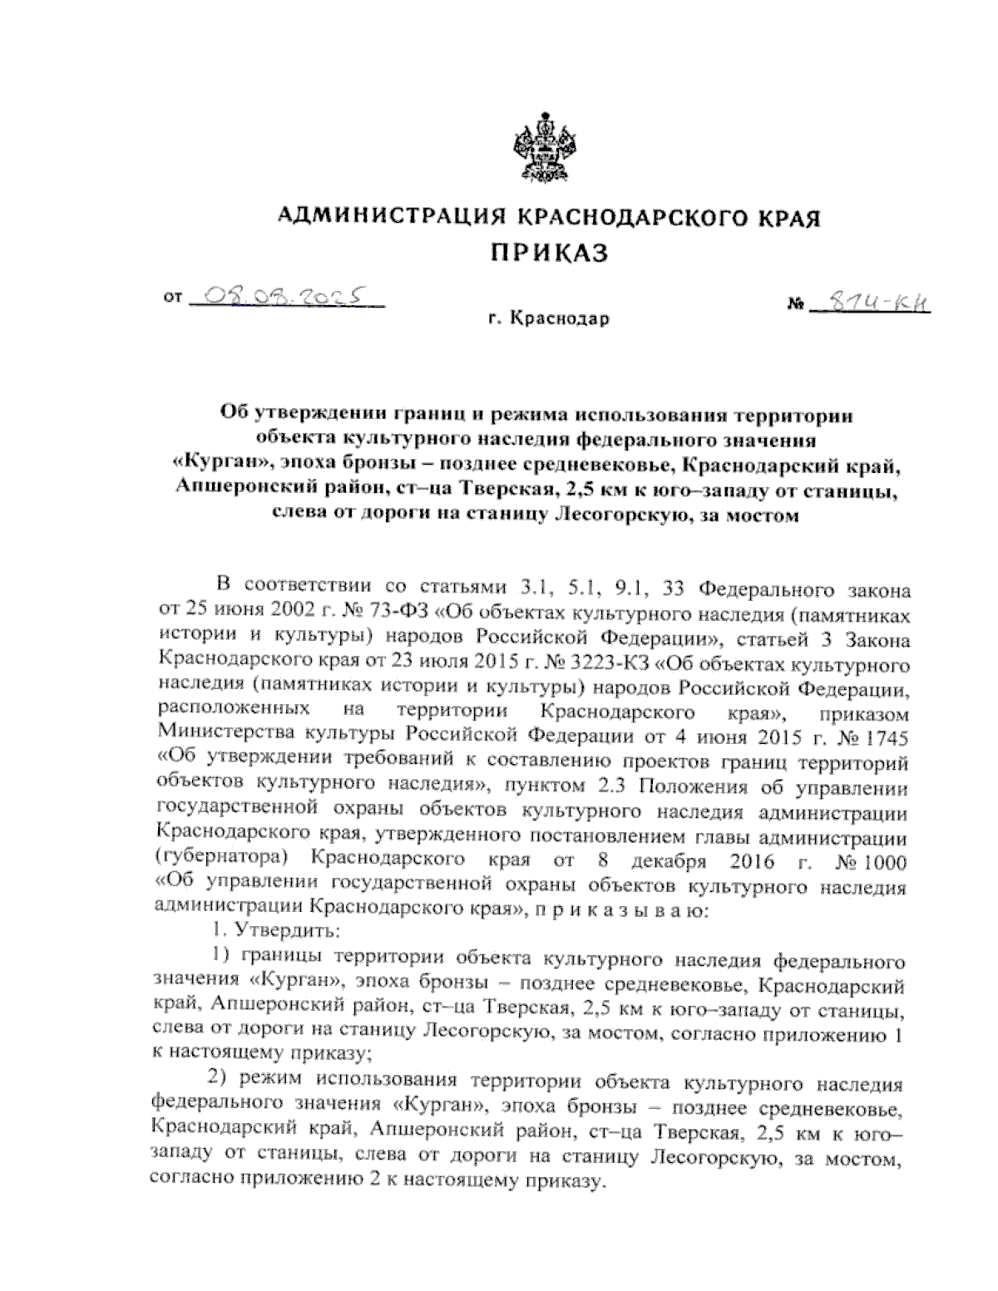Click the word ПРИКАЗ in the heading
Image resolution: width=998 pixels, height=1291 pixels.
coord(546,249)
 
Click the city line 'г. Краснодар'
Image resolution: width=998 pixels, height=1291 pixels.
coord(549,318)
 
